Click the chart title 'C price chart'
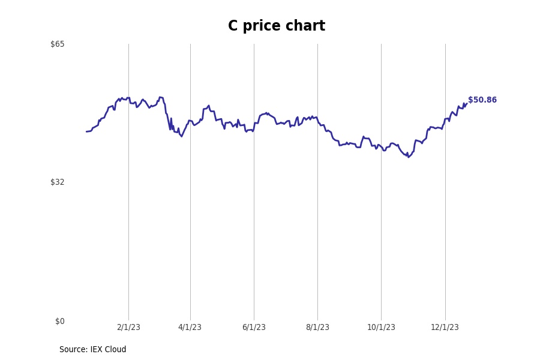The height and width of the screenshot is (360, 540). [276, 26]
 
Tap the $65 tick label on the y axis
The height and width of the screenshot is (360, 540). [58, 44]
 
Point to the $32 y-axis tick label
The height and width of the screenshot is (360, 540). [58, 182]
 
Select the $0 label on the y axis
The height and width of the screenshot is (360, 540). [60, 321]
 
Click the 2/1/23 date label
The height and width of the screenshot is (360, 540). [128, 327]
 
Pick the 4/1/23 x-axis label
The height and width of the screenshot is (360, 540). [190, 327]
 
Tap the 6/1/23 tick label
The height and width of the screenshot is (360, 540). [254, 327]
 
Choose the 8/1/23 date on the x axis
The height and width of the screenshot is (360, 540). [317, 327]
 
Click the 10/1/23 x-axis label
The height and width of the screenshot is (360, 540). [381, 327]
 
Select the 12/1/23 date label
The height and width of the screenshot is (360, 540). [445, 327]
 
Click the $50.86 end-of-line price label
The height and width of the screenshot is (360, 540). [482, 100]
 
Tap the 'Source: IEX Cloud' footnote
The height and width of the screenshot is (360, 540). [93, 350]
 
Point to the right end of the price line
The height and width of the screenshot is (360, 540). [466, 104]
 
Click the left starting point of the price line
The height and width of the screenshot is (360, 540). [86, 131]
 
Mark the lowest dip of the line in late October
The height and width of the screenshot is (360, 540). [409, 157]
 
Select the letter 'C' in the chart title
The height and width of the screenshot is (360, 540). [233, 26]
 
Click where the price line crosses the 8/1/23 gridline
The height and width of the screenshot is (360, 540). [317, 121]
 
